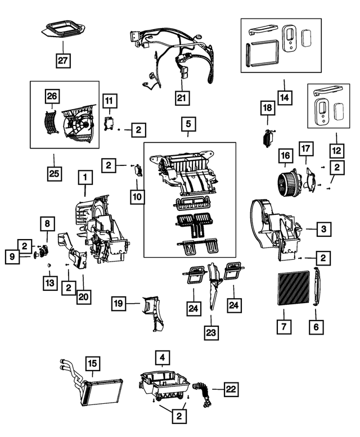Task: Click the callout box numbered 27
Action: (x=63, y=60)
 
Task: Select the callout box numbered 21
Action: (x=182, y=97)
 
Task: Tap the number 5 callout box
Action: (x=188, y=124)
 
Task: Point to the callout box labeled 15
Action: (x=92, y=363)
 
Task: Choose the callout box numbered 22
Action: (x=231, y=389)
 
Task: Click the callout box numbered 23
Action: (x=211, y=332)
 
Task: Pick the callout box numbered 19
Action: (x=119, y=303)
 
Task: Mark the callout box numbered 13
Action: (x=50, y=283)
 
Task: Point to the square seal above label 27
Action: (x=64, y=29)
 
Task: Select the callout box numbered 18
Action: (x=268, y=108)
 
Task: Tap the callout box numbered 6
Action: (x=316, y=326)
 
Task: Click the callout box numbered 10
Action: (x=137, y=197)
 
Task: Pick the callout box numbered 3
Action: (x=323, y=229)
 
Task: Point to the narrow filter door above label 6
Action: (x=317, y=286)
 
